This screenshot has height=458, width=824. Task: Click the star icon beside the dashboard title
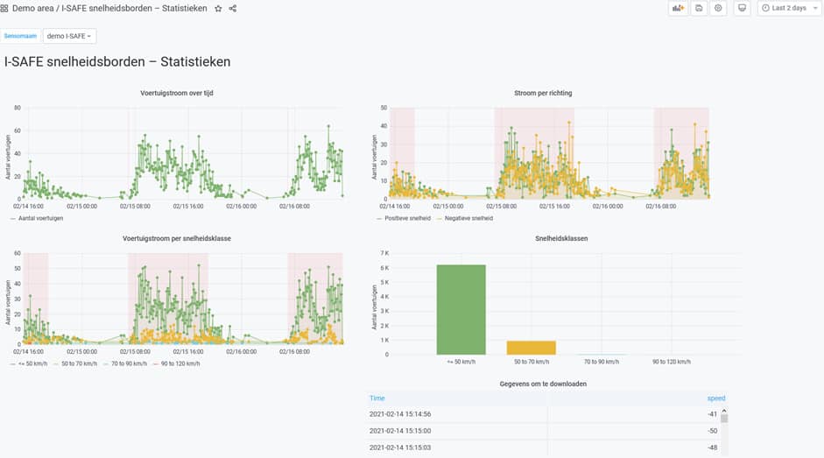(x=218, y=8)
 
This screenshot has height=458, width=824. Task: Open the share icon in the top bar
(x=233, y=8)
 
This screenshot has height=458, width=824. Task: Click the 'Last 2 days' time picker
(x=784, y=8)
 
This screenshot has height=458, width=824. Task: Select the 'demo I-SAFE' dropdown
(x=69, y=36)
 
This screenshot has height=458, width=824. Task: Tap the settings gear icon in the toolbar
(x=718, y=8)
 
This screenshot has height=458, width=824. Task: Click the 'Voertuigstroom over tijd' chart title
(x=176, y=93)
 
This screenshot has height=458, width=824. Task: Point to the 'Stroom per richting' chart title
(x=543, y=93)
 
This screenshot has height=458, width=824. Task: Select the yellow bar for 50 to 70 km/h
(x=531, y=347)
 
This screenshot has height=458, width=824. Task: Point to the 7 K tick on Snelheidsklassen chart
(x=383, y=253)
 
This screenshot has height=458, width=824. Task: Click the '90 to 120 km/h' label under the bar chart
(x=671, y=362)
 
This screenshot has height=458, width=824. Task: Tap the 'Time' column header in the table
(x=377, y=398)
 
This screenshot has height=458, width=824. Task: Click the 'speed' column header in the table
(x=716, y=398)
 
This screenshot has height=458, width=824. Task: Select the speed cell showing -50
(x=713, y=431)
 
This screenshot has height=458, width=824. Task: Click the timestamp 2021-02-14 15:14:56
(x=400, y=414)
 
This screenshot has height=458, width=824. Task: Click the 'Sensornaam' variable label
(x=21, y=36)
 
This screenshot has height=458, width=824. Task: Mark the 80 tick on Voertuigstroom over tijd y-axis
(x=17, y=108)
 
